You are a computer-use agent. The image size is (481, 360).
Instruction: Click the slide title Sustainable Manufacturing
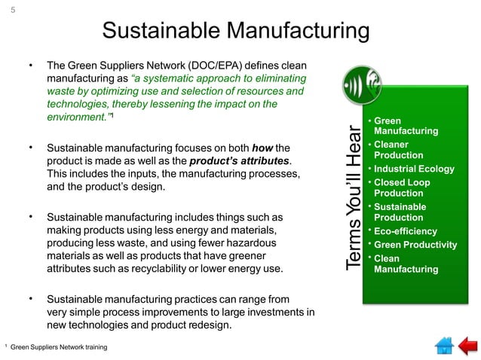click(x=235, y=32)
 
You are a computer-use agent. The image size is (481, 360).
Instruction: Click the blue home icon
click(x=443, y=345)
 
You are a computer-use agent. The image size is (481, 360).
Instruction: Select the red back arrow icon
click(x=467, y=345)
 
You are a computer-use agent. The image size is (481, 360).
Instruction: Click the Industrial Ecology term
click(x=414, y=169)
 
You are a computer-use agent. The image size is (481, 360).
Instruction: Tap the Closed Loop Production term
click(x=401, y=188)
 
